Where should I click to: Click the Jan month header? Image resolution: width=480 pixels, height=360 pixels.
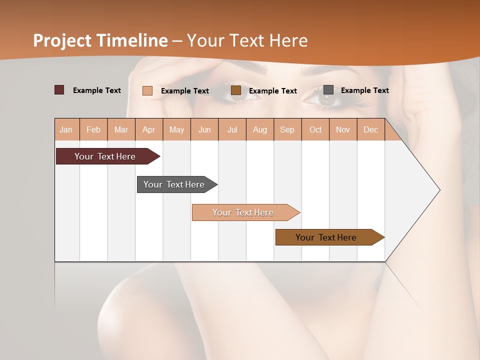(x=66, y=129)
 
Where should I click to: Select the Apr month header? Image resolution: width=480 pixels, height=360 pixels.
(x=148, y=129)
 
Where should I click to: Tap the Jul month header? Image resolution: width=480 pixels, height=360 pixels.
(x=232, y=129)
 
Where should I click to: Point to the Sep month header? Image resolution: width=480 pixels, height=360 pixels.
(x=287, y=129)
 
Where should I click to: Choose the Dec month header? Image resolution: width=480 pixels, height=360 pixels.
(x=370, y=129)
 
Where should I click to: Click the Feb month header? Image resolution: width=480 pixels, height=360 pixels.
(x=93, y=129)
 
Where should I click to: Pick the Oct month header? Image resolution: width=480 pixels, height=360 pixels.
(x=315, y=129)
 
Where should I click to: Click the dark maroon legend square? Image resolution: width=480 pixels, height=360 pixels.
(x=59, y=90)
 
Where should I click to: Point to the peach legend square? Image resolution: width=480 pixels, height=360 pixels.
(x=147, y=90)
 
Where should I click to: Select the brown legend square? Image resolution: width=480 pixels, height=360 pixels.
(x=236, y=90)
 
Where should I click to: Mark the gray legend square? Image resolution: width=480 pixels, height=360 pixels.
(x=328, y=90)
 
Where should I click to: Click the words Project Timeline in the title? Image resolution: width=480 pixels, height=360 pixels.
(x=100, y=40)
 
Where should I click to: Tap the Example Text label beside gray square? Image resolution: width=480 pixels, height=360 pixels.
(x=364, y=90)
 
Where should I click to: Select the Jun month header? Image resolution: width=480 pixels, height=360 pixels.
(x=204, y=129)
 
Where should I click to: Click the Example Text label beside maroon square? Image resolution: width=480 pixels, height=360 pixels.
(x=96, y=90)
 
